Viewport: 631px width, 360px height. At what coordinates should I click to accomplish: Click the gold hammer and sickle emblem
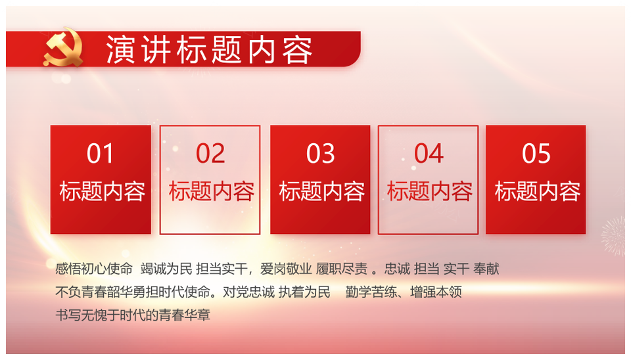tap(63, 47)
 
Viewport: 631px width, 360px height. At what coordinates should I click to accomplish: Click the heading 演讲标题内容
tap(209, 50)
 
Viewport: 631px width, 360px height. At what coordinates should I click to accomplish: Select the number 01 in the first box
tap(100, 154)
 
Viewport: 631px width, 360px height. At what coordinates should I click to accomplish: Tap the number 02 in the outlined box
tap(210, 154)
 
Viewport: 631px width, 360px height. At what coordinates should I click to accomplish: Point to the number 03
tap(320, 154)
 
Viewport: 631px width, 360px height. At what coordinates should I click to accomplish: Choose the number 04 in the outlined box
tap(429, 154)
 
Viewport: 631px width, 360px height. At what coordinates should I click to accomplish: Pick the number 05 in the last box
tap(536, 154)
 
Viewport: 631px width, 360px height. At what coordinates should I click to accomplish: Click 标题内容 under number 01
tap(103, 191)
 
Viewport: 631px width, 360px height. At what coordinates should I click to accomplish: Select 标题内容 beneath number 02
tap(212, 191)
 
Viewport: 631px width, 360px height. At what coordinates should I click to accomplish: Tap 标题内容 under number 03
tap(322, 191)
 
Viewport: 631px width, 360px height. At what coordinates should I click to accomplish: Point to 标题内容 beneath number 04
tap(430, 191)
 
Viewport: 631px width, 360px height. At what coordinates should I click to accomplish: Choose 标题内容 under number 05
tap(538, 191)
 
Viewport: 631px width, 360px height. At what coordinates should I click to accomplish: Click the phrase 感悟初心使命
tap(94, 269)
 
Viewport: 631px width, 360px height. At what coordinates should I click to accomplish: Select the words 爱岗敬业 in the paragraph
tap(286, 269)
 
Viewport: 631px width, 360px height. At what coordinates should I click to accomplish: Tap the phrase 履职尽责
tap(342, 269)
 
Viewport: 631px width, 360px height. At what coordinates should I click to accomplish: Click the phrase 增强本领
tap(436, 292)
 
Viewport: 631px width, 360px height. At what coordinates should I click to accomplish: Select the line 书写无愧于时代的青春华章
tap(133, 315)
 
